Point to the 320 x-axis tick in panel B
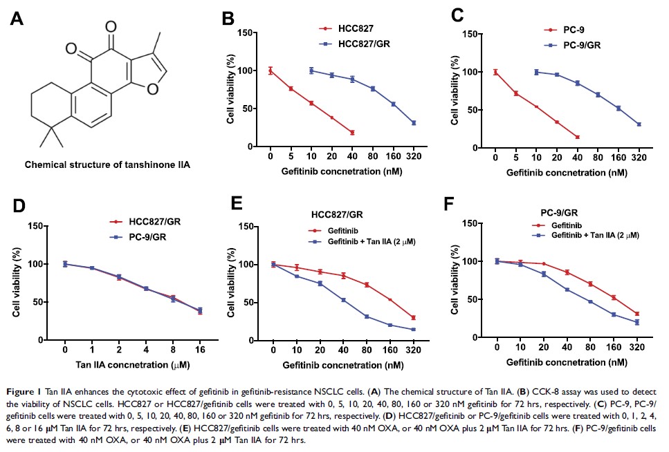coord(414,156)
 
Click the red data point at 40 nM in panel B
coord(352,133)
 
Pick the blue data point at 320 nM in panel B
coord(414,123)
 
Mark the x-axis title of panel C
coord(566,170)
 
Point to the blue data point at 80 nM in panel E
coord(367,317)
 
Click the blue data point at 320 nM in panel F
coord(636,322)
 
